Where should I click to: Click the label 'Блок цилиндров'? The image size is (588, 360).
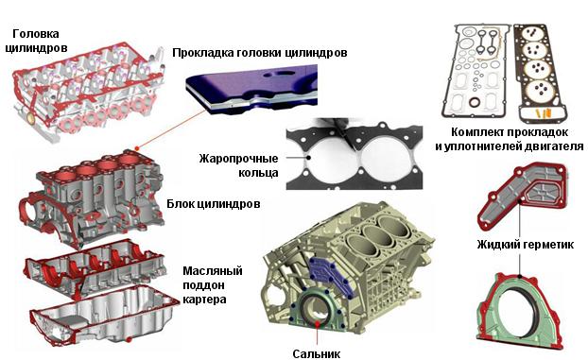click(x=213, y=204)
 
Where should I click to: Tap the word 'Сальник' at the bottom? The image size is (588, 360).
click(x=317, y=353)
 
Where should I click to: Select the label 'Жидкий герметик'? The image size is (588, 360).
click(x=525, y=245)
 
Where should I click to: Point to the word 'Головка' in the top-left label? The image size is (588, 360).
click(x=36, y=34)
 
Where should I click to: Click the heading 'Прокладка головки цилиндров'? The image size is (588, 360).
click(x=260, y=53)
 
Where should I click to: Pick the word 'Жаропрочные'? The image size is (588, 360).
click(x=239, y=159)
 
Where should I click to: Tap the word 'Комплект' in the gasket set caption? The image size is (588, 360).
click(x=477, y=132)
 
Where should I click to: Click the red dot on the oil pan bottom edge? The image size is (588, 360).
click(x=129, y=340)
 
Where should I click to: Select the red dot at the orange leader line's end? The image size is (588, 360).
click(x=137, y=148)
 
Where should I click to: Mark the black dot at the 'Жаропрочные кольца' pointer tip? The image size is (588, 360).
click(x=308, y=158)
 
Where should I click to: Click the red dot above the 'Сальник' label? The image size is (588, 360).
click(x=318, y=322)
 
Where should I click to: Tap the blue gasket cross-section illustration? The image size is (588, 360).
click(x=251, y=88)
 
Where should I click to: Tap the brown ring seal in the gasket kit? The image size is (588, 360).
click(x=474, y=102)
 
